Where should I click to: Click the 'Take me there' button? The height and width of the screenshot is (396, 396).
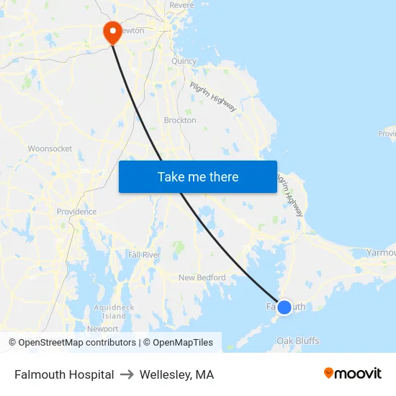click(197, 176)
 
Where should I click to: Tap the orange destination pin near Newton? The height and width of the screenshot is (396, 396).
click(112, 32)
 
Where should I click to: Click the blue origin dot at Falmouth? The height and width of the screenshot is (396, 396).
click(284, 307)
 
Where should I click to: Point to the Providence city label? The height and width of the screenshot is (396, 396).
click(76, 212)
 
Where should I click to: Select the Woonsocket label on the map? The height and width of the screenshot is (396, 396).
click(50, 148)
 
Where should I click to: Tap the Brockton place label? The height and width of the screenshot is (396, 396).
click(180, 120)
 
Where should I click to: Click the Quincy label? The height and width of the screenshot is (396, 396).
click(184, 61)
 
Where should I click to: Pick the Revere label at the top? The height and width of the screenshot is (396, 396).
click(181, 5)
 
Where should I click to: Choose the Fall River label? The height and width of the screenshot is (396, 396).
click(144, 255)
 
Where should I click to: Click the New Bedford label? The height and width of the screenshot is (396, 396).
click(202, 277)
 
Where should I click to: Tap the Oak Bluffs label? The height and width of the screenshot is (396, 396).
click(298, 341)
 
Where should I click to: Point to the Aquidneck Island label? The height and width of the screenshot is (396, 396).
click(114, 311)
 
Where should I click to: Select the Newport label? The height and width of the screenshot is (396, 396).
click(102, 328)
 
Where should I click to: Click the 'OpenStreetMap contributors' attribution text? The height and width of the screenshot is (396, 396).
click(77, 343)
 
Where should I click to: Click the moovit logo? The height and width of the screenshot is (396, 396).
click(353, 373)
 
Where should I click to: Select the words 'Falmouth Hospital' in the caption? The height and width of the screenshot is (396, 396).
click(64, 374)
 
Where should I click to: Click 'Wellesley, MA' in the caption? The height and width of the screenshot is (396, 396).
click(176, 374)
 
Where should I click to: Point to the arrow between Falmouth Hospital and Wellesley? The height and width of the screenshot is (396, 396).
click(127, 374)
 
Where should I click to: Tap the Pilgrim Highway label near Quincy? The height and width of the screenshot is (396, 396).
click(213, 96)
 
